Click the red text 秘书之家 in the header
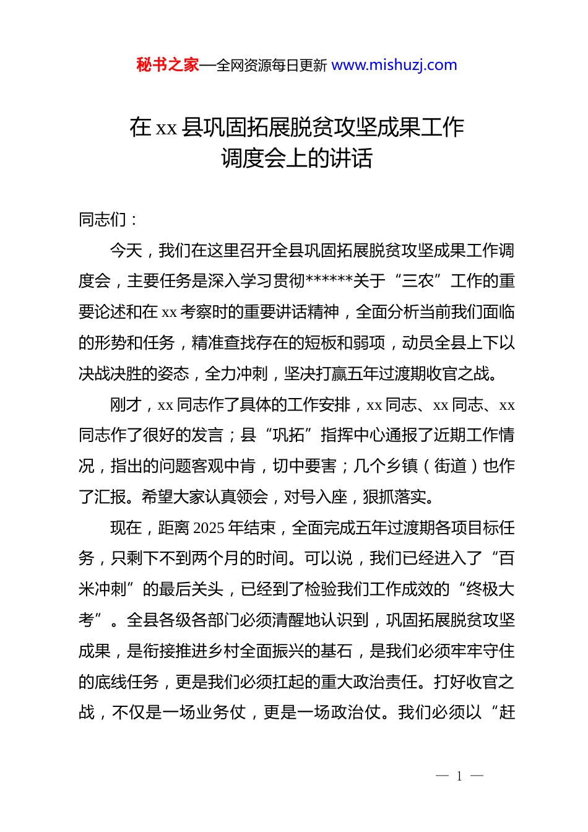pyautogui.click(x=168, y=65)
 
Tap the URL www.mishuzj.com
pyautogui.click(x=394, y=65)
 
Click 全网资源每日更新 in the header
pyautogui.click(x=271, y=66)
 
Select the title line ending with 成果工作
pyautogui.click(x=296, y=128)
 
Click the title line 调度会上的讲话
pyautogui.click(x=296, y=158)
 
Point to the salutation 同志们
pyautogui.click(x=103, y=220)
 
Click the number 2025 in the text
pyautogui.click(x=209, y=528)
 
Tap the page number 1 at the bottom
pyautogui.click(x=459, y=776)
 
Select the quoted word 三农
pyautogui.click(x=418, y=281)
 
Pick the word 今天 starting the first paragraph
pyautogui.click(x=126, y=251)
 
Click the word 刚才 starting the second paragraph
pyautogui.click(x=126, y=405)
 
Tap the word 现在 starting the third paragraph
pyautogui.click(x=126, y=528)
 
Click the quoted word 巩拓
pyautogui.click(x=288, y=435)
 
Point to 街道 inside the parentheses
pyautogui.click(x=450, y=466)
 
